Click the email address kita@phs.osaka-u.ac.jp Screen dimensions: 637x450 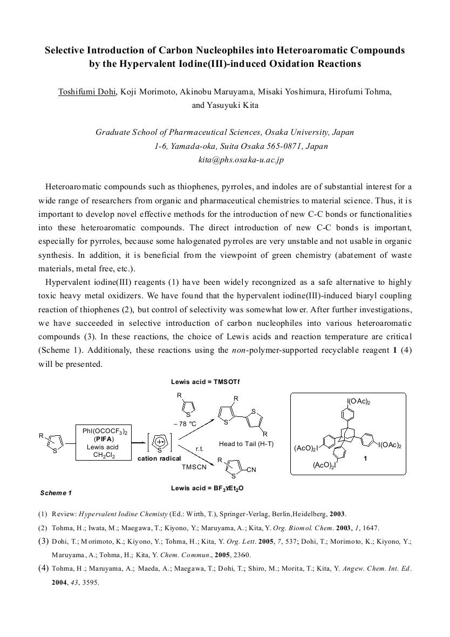241,160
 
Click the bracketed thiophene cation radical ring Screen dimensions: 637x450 160,443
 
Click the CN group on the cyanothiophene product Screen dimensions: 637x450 251,470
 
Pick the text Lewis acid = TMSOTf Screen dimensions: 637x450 205,382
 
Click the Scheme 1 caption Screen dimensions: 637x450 56,493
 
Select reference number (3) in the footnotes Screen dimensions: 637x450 43,541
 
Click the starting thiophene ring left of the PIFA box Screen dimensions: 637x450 57,443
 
